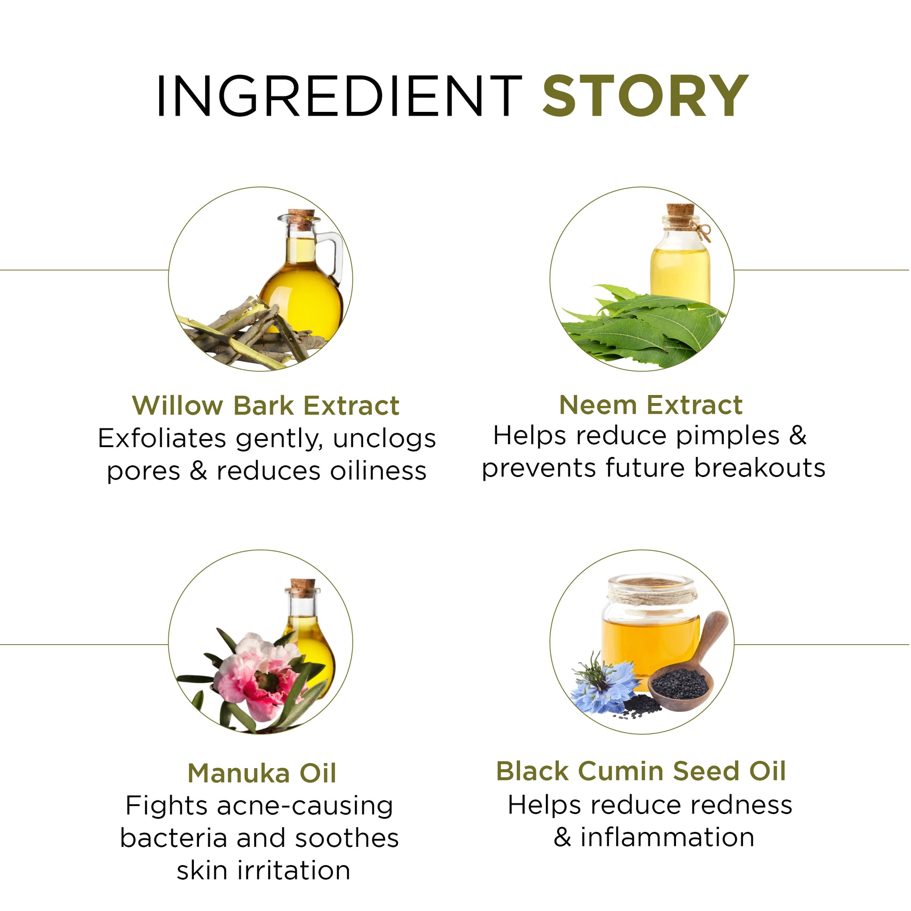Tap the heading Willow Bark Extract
pos(266,405)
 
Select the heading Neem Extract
pos(651,405)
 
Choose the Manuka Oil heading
pos(262,773)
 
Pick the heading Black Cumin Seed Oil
pos(641,771)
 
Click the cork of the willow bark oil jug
pos(301,219)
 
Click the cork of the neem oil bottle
pos(680,215)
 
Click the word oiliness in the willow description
pos(378,470)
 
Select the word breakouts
pos(760,468)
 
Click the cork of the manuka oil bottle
pos(303,588)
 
